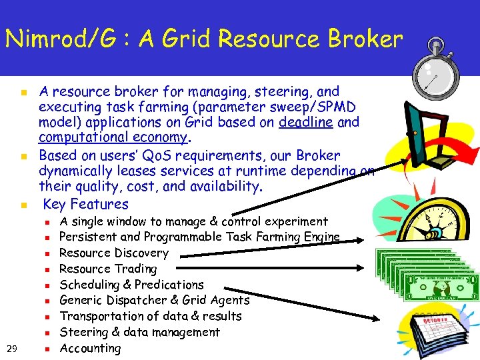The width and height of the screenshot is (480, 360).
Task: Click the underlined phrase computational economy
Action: click(x=114, y=137)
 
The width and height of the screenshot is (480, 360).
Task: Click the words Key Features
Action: click(x=85, y=204)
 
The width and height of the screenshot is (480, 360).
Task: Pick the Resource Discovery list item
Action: click(x=114, y=253)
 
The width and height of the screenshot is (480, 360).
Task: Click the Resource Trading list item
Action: click(x=108, y=269)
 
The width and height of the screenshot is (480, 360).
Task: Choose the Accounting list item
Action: click(x=91, y=348)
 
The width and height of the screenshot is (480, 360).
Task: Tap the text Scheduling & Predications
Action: click(x=131, y=285)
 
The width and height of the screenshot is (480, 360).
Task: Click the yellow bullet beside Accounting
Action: click(x=46, y=349)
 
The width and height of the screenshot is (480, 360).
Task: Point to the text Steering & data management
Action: click(x=139, y=332)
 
